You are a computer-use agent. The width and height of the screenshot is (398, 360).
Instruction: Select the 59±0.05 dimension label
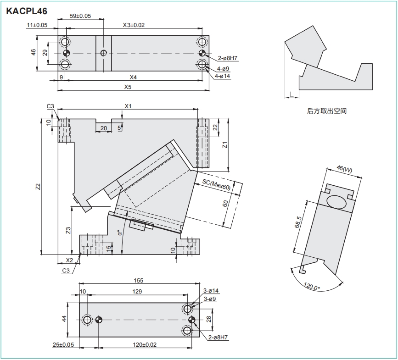point(80,16)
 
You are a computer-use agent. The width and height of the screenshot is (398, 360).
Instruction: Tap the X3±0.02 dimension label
point(134,25)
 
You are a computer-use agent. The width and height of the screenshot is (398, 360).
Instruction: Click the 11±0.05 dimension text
point(37,25)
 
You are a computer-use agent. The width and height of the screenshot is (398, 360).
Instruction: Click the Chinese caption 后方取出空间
point(326,111)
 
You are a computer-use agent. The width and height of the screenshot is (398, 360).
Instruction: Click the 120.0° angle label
point(312,287)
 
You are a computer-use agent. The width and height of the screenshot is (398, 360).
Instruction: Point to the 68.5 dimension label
point(298,222)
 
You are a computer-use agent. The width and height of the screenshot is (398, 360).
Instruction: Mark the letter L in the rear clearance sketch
point(291,95)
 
